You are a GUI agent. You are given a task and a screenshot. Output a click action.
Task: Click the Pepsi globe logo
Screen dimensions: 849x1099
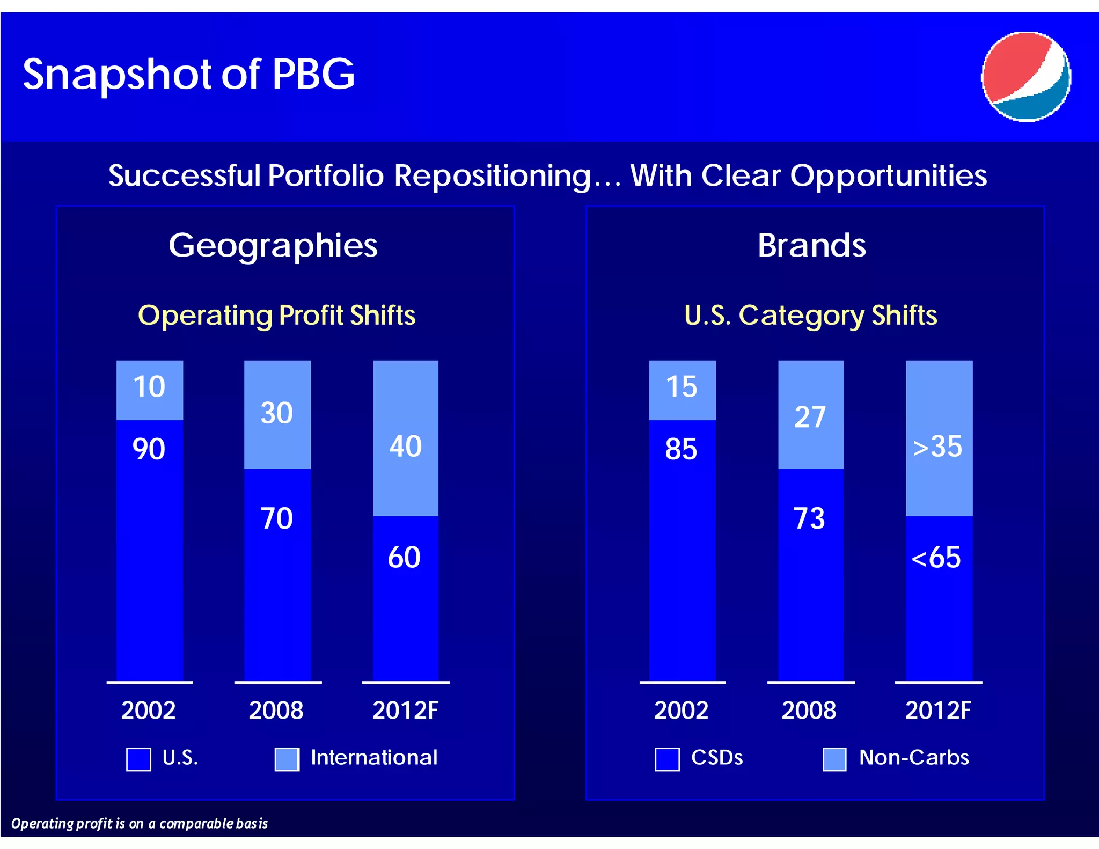point(1025,76)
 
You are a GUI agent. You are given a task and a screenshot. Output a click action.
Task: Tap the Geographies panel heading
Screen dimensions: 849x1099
point(273,245)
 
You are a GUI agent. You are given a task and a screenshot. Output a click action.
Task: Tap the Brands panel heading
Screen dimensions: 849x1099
point(811,245)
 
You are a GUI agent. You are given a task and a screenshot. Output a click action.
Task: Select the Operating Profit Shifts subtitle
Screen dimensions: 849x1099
point(276,315)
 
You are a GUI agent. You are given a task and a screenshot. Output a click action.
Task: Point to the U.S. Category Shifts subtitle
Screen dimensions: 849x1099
point(810,315)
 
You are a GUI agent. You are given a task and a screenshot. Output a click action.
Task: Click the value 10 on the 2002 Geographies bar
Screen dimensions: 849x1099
point(149,387)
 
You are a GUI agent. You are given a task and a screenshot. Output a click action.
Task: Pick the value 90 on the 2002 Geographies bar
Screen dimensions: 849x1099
point(149,449)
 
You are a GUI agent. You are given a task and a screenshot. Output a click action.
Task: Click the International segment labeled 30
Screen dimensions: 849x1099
point(277,413)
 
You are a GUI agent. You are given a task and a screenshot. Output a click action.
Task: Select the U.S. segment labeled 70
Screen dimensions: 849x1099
point(277,518)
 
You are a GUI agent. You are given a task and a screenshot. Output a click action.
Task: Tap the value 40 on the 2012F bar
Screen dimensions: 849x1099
point(406,447)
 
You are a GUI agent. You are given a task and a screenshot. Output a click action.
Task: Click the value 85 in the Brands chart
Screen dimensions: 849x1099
point(681,449)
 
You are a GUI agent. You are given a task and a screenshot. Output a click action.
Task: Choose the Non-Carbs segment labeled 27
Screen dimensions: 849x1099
point(810,417)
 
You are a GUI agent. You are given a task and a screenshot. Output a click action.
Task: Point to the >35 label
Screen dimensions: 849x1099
point(937,447)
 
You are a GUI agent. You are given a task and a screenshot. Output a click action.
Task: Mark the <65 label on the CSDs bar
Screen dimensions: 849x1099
point(936,558)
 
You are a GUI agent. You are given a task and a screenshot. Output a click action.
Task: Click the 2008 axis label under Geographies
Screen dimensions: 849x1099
point(276,711)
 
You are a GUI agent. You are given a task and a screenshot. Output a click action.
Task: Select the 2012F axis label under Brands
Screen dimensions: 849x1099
point(938,711)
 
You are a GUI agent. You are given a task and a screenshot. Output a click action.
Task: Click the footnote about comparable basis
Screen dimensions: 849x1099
point(140,824)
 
